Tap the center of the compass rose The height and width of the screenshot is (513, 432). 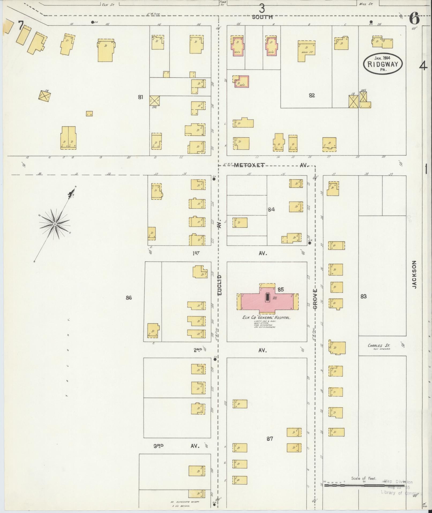click(x=55, y=224)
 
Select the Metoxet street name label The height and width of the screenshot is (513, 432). click(x=249, y=165)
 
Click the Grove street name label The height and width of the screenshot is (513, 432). click(x=315, y=299)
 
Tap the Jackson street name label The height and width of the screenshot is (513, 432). click(x=415, y=275)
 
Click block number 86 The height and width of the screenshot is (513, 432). click(x=129, y=298)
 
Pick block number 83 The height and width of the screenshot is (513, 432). click(x=363, y=296)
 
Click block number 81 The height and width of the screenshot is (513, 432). click(x=140, y=97)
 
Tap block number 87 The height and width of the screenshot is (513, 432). click(x=269, y=439)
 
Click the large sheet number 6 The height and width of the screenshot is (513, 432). click(x=414, y=19)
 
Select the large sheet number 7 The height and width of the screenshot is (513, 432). click(x=20, y=26)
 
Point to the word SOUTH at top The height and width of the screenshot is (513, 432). click(x=262, y=17)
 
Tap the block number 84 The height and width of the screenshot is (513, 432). click(x=271, y=209)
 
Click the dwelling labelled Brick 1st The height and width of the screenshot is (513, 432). click(x=306, y=50)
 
